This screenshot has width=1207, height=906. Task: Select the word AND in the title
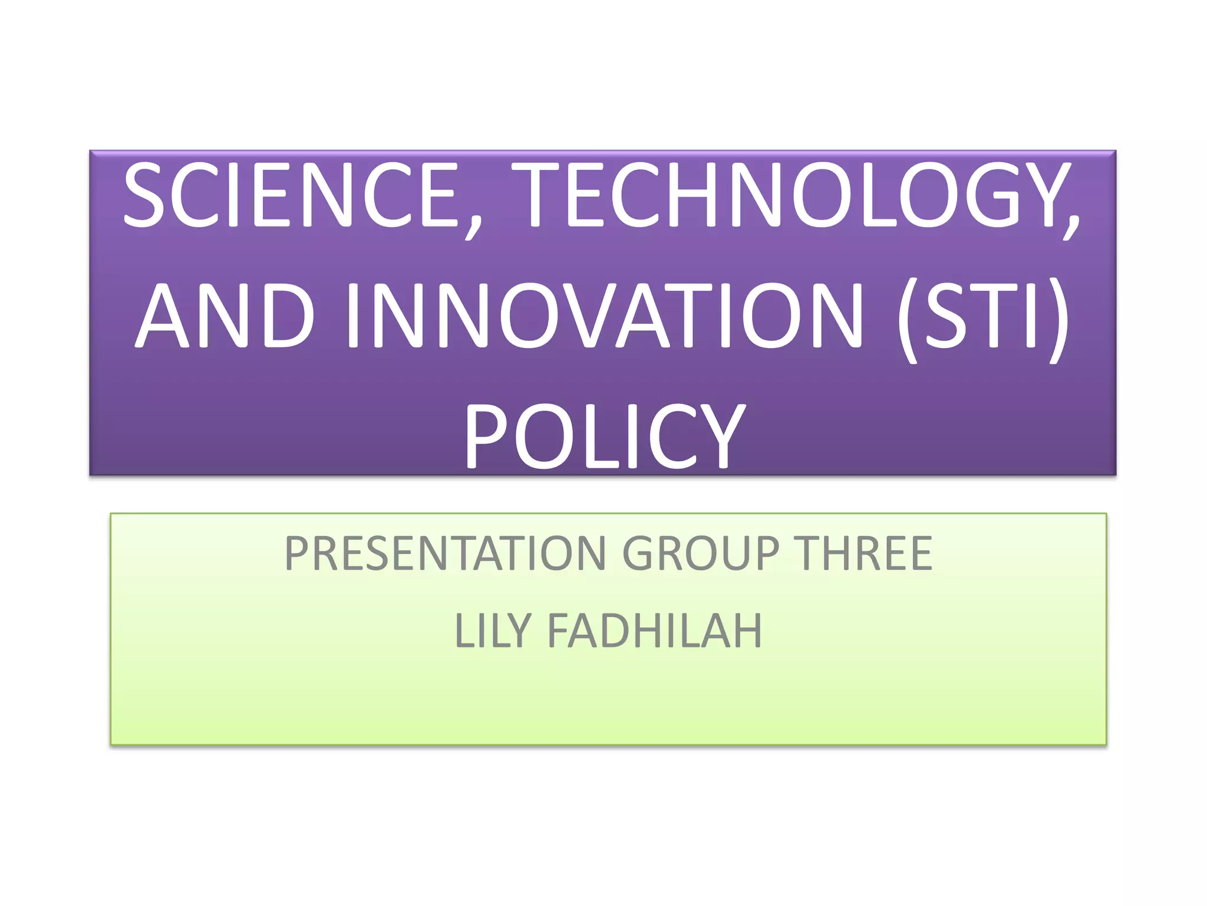(224, 315)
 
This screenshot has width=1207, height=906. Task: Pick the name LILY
(493, 631)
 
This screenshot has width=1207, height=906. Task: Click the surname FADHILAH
(655, 631)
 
